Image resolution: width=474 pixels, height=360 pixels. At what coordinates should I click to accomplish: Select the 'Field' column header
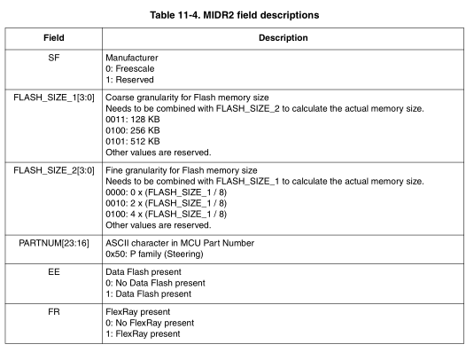[54, 38]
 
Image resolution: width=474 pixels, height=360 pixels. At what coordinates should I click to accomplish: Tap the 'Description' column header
[283, 38]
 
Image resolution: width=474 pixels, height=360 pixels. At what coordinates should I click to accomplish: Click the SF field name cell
[54, 56]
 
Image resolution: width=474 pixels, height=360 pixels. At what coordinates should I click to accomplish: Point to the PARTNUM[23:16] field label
[54, 242]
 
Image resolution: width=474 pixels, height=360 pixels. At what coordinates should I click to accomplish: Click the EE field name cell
[54, 272]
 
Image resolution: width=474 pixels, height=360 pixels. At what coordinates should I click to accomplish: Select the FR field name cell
[54, 313]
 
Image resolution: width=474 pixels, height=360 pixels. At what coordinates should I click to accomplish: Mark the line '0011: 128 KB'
[133, 119]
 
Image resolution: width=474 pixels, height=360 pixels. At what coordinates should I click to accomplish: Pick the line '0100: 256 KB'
[133, 129]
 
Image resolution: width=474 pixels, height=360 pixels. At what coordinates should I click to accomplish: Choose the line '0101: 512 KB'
[133, 140]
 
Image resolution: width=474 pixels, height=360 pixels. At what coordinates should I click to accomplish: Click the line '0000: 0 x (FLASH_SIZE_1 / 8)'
[165, 192]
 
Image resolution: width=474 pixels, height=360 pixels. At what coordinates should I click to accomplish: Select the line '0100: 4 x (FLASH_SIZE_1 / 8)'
[165, 213]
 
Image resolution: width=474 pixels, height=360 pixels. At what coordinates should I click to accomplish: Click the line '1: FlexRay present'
[143, 334]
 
